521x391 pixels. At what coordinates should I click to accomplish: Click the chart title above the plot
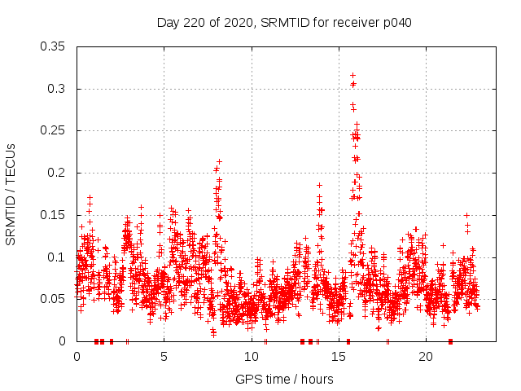click(x=284, y=23)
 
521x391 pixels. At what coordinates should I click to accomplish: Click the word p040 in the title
click(x=396, y=23)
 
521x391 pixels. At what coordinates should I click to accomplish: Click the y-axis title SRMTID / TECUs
click(x=11, y=195)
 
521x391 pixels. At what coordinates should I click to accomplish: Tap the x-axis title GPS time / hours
click(x=284, y=379)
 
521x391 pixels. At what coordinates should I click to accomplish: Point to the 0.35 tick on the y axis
click(x=53, y=46)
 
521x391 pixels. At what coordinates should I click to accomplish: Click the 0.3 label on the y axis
click(x=56, y=88)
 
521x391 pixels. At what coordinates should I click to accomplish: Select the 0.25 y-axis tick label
click(x=53, y=130)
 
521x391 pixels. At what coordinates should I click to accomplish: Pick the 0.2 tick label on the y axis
click(x=56, y=173)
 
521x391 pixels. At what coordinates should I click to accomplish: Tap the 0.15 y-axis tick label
click(x=53, y=215)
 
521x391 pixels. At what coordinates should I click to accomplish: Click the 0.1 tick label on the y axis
click(x=56, y=257)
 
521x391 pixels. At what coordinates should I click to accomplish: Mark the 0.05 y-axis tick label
click(x=53, y=299)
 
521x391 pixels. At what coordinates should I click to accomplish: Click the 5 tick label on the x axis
click(x=164, y=357)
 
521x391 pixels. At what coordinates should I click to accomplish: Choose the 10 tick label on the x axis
click(x=252, y=357)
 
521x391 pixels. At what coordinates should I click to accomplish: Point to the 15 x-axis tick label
click(x=339, y=357)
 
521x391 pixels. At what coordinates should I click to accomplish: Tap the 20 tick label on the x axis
click(x=426, y=357)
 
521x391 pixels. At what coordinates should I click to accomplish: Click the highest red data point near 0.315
click(x=352, y=75)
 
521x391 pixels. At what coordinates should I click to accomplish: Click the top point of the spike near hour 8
click(x=219, y=161)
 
